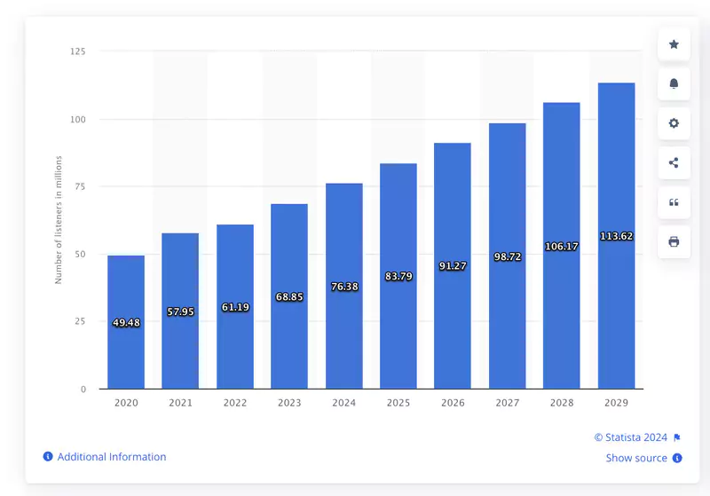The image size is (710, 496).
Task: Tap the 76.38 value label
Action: point(343,287)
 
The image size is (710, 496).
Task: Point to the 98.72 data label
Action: point(507,256)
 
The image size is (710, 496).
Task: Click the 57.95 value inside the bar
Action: point(180,311)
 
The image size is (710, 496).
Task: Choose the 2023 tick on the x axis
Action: point(289,403)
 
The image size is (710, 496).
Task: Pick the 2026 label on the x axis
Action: point(453,403)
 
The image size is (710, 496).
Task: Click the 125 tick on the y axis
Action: point(78,51)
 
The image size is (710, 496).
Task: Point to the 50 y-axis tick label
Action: point(81,254)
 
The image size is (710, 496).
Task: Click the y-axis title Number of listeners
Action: point(59,219)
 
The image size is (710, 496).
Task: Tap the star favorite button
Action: point(674,44)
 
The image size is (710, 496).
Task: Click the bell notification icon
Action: point(674,83)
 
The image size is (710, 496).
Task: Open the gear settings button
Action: point(674,123)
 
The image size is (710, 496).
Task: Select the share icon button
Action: point(674,162)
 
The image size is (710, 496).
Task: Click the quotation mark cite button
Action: point(674,202)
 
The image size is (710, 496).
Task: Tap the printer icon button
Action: point(674,241)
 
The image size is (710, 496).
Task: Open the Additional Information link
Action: point(111,457)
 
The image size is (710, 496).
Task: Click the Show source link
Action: point(636,458)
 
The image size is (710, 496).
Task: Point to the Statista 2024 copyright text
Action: point(632,437)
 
